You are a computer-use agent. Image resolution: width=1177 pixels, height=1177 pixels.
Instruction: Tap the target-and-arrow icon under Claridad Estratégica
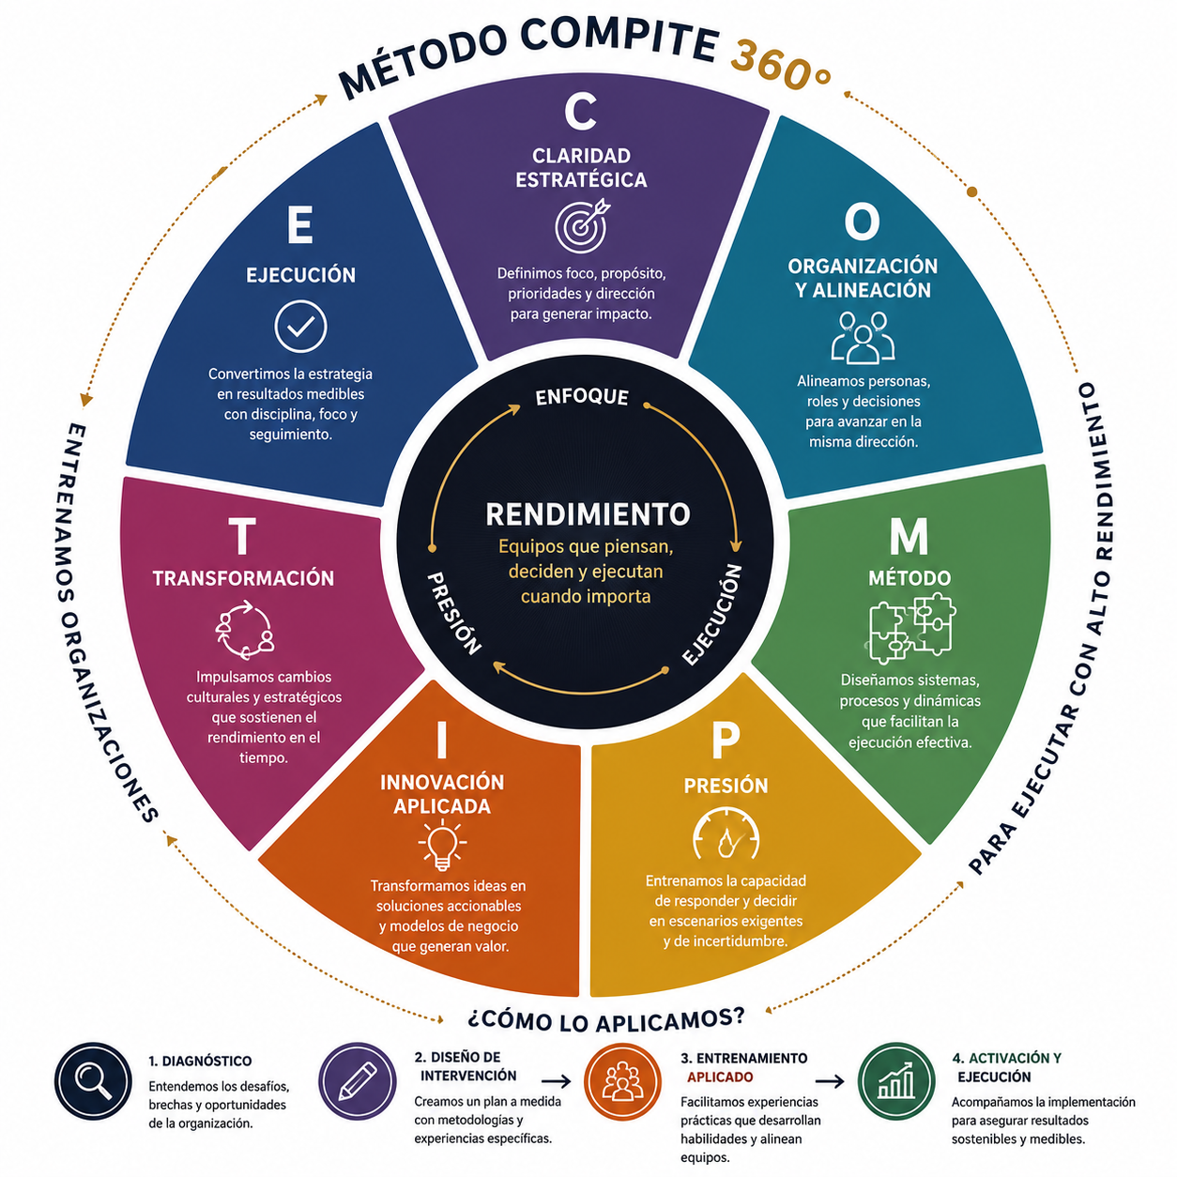tap(582, 224)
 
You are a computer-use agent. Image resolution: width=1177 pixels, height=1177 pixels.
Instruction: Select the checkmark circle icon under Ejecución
tap(300, 327)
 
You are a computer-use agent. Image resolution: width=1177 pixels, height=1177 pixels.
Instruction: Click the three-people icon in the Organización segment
tap(863, 337)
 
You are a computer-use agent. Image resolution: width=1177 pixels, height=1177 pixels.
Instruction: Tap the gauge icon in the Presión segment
tap(726, 833)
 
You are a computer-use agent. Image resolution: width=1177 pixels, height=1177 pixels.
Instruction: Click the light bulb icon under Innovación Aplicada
tap(442, 845)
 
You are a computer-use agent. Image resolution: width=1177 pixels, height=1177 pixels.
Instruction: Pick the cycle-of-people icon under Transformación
tap(245, 629)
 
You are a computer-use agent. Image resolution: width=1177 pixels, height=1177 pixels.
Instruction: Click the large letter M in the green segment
tap(909, 536)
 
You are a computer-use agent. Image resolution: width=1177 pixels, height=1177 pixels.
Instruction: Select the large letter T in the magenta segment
tap(242, 536)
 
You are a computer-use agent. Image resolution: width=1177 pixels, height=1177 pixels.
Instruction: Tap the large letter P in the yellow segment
tap(726, 741)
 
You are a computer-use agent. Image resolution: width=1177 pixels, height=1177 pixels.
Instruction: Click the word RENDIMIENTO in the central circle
tap(588, 514)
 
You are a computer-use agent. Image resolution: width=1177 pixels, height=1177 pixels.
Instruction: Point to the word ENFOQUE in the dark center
tap(582, 397)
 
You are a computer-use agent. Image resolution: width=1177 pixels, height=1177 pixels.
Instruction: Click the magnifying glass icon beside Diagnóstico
tap(93, 1081)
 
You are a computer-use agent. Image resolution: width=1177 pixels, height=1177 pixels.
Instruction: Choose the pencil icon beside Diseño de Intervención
tap(358, 1081)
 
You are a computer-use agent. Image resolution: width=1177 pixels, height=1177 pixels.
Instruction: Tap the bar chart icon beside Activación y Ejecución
tap(896, 1081)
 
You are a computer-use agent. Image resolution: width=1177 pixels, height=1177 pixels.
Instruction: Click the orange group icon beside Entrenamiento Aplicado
tap(622, 1081)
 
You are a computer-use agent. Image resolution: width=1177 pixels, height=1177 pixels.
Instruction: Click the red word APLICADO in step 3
tap(720, 1077)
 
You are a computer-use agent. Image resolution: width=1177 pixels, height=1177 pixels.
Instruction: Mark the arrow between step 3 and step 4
tap(830, 1081)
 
